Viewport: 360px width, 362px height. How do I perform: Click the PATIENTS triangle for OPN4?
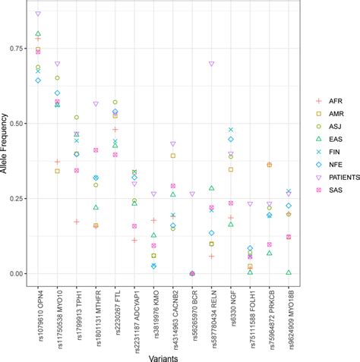tap(38, 14)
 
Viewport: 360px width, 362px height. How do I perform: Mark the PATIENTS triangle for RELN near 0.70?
tap(212, 64)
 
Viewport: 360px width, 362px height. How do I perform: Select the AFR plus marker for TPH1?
tap(77, 222)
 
